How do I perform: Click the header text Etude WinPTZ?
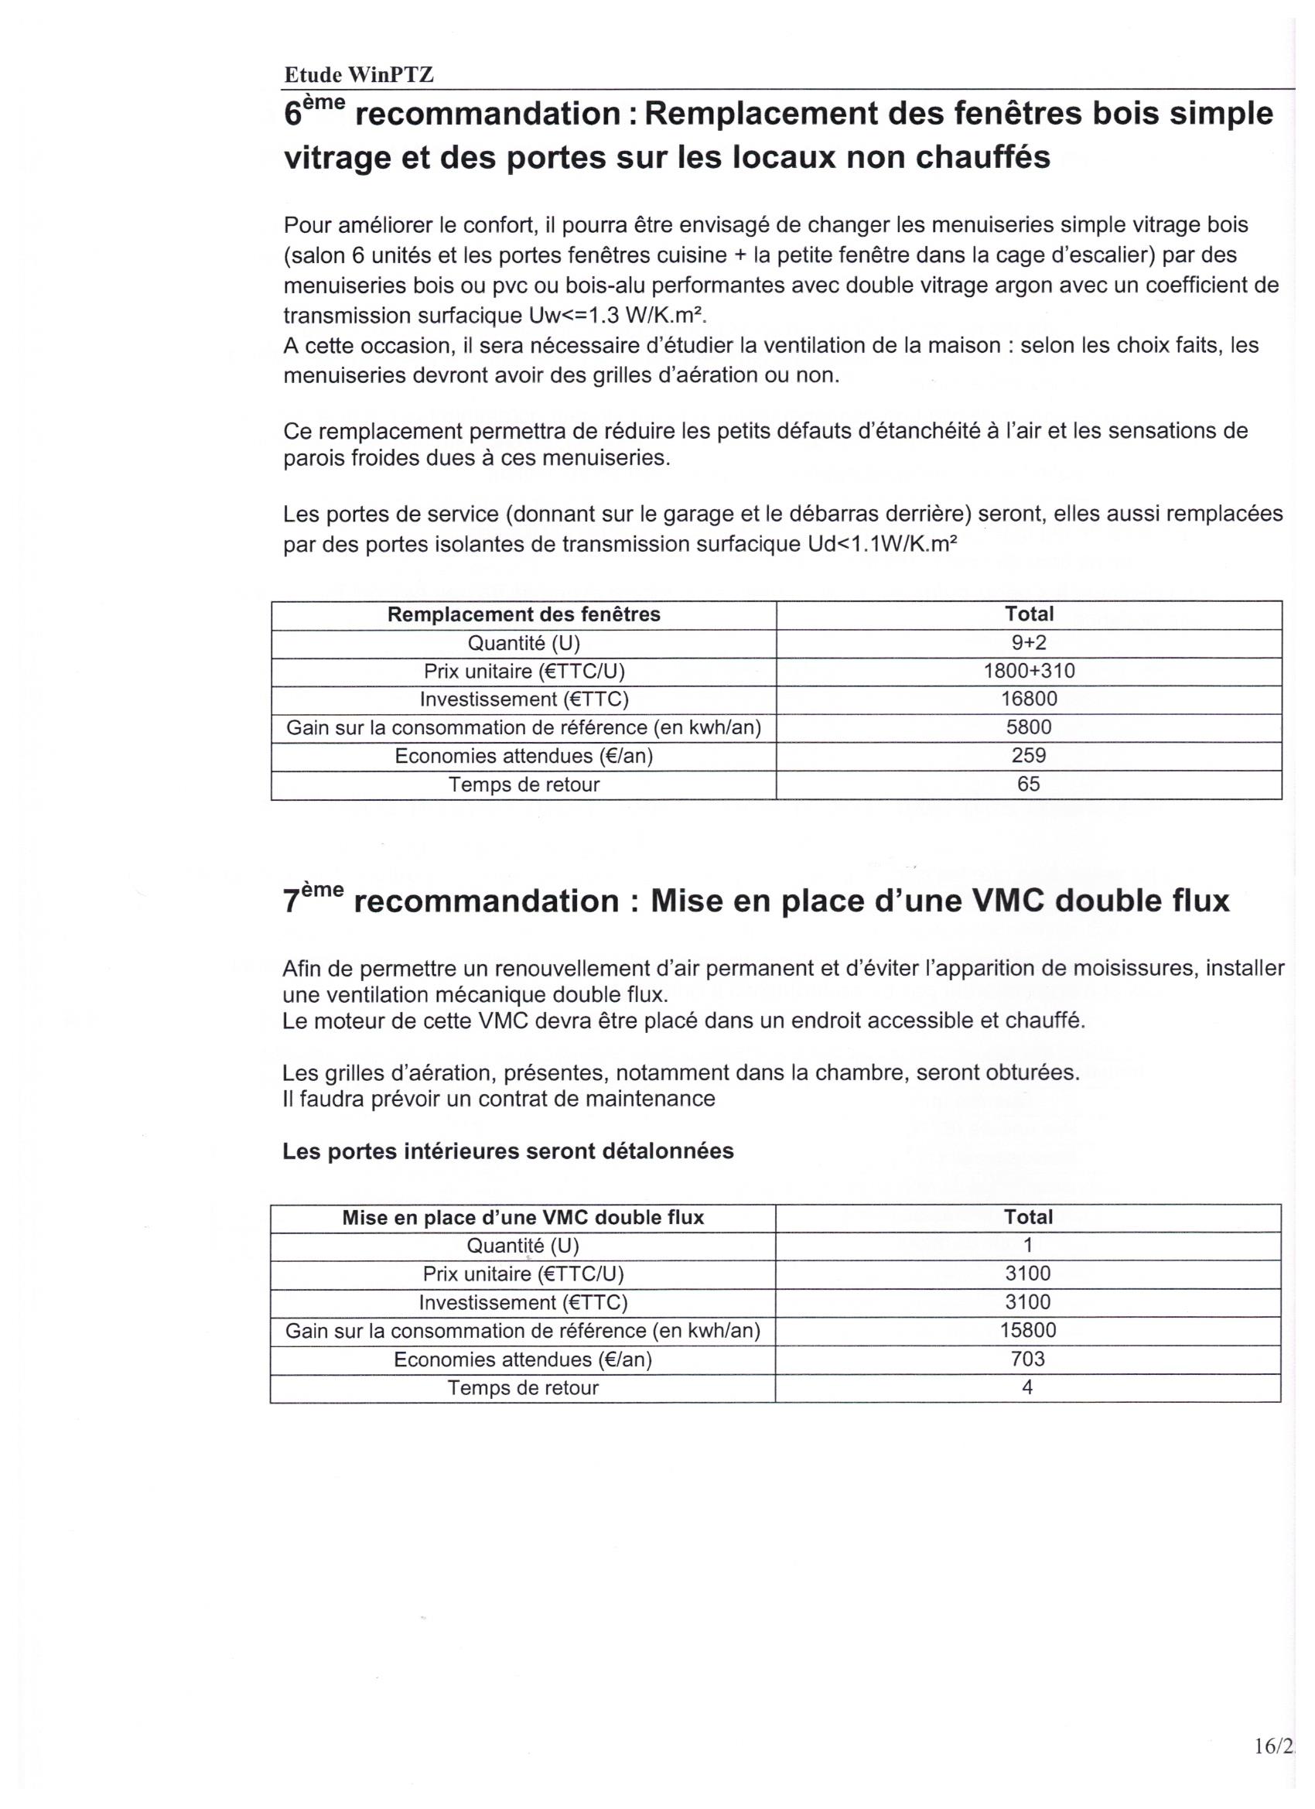[x=358, y=75]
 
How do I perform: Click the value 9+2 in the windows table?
[x=1028, y=643]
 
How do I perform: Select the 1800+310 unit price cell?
[x=1028, y=671]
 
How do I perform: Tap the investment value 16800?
[x=1028, y=699]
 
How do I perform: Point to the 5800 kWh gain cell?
[x=1028, y=727]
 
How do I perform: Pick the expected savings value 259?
[x=1028, y=755]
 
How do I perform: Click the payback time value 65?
[x=1028, y=784]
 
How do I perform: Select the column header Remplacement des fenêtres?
[x=523, y=614]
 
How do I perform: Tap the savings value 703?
[x=1027, y=1359]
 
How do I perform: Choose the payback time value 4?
[x=1027, y=1387]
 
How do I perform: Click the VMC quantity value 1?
[x=1027, y=1245]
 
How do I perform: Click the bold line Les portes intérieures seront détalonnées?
[x=508, y=1151]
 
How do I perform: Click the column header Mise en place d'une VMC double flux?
[x=522, y=1217]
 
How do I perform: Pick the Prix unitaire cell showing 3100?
[x=1027, y=1274]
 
